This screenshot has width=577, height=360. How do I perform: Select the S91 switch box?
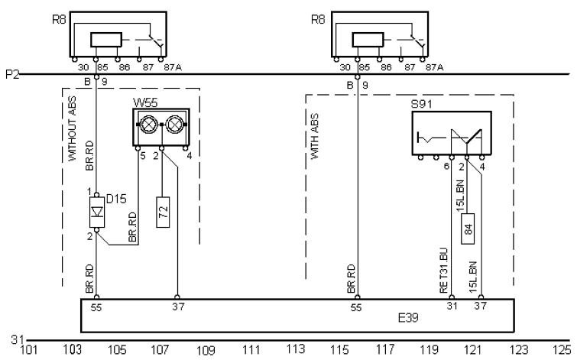(x=451, y=135)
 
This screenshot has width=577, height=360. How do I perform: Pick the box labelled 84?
(x=467, y=226)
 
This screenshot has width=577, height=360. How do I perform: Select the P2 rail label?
(x=11, y=74)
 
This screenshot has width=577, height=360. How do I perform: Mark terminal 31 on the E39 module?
(x=452, y=306)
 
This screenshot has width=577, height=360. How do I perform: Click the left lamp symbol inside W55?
(x=149, y=122)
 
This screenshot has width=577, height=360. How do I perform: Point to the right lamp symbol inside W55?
(x=175, y=122)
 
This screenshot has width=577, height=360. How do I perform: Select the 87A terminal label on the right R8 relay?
(x=435, y=67)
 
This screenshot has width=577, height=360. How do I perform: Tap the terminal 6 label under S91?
(x=446, y=165)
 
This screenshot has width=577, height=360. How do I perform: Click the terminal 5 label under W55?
(x=142, y=156)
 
